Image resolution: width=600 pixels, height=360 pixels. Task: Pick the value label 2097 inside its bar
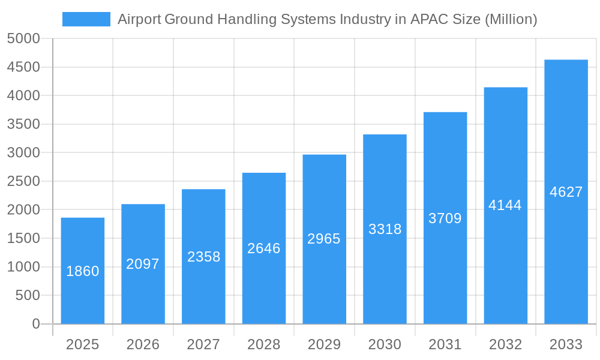click(x=143, y=264)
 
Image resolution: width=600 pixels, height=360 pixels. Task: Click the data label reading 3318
click(x=385, y=229)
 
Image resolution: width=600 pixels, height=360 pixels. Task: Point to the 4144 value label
click(x=505, y=205)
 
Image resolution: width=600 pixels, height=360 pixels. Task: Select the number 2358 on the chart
click(x=203, y=257)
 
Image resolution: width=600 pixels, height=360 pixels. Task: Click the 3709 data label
click(x=445, y=218)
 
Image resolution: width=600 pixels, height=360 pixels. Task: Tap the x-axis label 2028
click(x=264, y=344)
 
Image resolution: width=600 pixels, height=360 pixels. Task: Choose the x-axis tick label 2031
click(x=445, y=344)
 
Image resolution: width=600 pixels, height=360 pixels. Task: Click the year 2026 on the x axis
click(x=143, y=344)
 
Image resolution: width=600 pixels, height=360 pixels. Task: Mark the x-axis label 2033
click(x=566, y=344)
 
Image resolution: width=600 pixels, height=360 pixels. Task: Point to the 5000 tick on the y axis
click(x=23, y=38)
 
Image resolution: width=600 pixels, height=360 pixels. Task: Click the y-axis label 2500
click(x=23, y=181)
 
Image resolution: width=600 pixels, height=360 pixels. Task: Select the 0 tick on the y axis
click(x=35, y=324)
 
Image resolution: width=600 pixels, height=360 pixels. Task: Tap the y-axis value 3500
click(x=23, y=124)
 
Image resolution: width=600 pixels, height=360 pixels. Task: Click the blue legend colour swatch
click(x=86, y=19)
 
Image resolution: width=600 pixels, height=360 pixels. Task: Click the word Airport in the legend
click(x=137, y=19)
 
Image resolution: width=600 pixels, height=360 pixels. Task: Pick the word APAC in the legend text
click(x=428, y=19)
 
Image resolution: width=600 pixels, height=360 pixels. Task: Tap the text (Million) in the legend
click(x=511, y=19)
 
